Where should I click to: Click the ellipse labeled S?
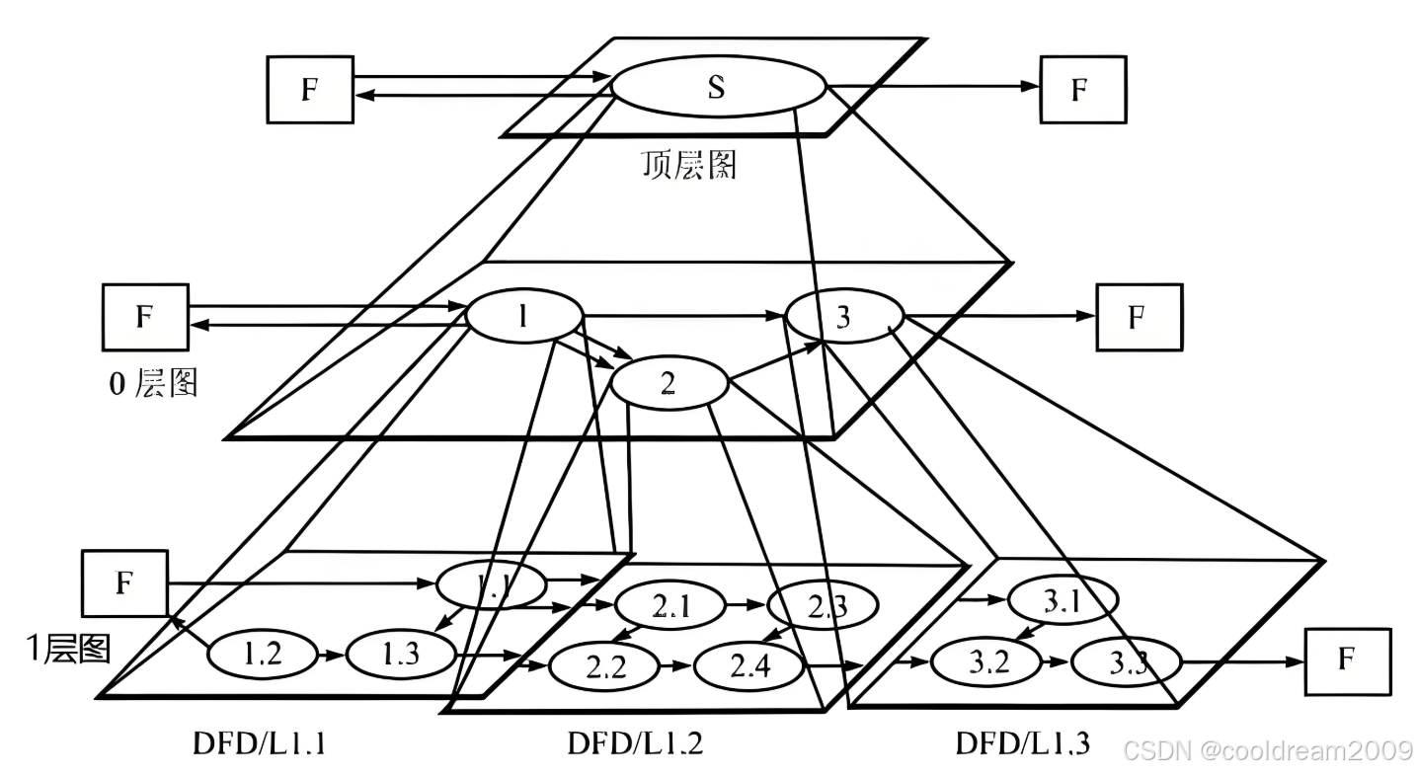(x=718, y=87)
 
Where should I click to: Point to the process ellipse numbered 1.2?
(x=261, y=653)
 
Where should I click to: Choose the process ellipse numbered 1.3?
(x=400, y=653)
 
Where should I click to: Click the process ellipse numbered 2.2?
(x=604, y=668)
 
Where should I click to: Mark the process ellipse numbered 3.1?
(x=1062, y=600)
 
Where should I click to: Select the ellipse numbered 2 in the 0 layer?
(x=669, y=383)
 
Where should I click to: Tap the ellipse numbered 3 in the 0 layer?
(x=843, y=318)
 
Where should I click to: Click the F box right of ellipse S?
(x=1082, y=89)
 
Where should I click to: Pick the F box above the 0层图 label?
(x=144, y=317)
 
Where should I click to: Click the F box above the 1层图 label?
(x=123, y=582)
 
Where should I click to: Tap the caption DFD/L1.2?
(x=636, y=742)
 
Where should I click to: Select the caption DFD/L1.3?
(x=1022, y=742)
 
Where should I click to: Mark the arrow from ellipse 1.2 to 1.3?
(x=330, y=653)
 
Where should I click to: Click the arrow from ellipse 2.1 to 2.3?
(x=745, y=602)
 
